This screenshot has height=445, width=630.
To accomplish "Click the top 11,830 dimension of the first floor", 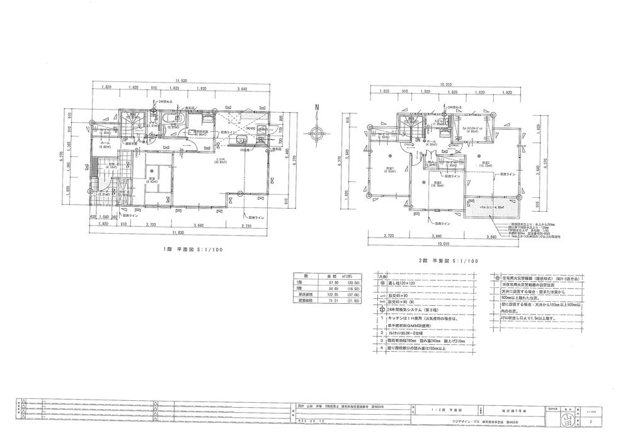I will [181, 81].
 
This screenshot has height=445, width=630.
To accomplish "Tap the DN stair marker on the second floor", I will [417, 140].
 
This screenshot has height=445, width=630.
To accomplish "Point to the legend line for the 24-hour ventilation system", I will [413, 310].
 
